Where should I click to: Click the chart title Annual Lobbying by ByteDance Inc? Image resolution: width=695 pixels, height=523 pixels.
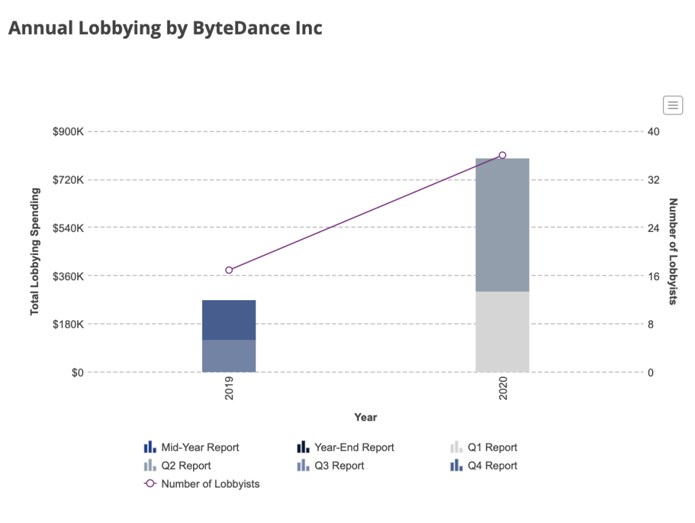pyautogui.click(x=165, y=28)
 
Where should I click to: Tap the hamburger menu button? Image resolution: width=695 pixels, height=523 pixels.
pyautogui.click(x=672, y=105)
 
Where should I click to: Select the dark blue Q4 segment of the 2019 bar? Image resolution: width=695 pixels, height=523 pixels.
pyautogui.click(x=229, y=319)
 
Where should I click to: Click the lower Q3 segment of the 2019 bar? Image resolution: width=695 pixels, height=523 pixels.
pyautogui.click(x=229, y=356)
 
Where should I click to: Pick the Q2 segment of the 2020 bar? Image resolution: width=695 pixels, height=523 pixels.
pyautogui.click(x=503, y=225)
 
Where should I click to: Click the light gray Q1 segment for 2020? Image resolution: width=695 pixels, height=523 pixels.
pyautogui.click(x=503, y=332)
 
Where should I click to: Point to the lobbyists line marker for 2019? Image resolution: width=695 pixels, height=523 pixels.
pyautogui.click(x=229, y=270)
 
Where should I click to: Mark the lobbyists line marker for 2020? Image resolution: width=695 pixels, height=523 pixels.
pyautogui.click(x=503, y=155)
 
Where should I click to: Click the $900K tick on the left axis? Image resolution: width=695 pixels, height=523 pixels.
pyautogui.click(x=68, y=131)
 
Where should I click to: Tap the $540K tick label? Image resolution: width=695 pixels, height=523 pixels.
pyautogui.click(x=68, y=228)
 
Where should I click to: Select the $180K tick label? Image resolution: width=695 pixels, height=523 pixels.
pyautogui.click(x=68, y=324)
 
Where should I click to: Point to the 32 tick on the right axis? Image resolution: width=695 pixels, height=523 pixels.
pyautogui.click(x=653, y=180)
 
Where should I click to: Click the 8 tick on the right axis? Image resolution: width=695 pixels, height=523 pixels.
pyautogui.click(x=651, y=324)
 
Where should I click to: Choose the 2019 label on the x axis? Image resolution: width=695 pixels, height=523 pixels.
pyautogui.click(x=229, y=389)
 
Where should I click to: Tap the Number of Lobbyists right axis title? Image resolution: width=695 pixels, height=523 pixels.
pyautogui.click(x=673, y=252)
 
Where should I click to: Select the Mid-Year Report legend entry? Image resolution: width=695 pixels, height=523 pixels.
pyautogui.click(x=199, y=447)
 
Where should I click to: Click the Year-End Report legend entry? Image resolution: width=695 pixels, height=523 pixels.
pyautogui.click(x=354, y=447)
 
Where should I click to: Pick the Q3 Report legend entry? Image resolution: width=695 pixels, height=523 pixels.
pyautogui.click(x=339, y=465)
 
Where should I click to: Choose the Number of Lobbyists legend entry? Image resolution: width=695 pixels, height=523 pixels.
pyautogui.click(x=210, y=484)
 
